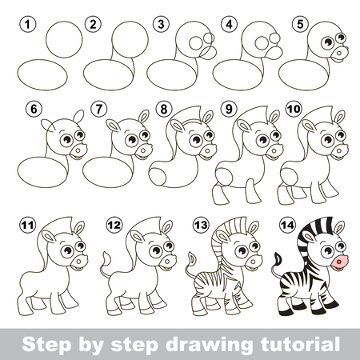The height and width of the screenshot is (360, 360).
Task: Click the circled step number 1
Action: click(27, 25)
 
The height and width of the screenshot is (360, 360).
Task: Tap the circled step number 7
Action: click(98, 109)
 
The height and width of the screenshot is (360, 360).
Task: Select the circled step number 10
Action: click(294, 109)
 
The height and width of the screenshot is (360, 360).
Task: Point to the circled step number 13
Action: click(201, 225)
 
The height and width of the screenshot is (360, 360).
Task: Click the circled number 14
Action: click(287, 225)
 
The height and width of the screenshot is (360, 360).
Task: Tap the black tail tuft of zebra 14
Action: click(278, 258)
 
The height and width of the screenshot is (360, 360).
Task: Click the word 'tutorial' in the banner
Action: click(300, 344)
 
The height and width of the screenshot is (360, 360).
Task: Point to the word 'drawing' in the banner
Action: click(209, 345)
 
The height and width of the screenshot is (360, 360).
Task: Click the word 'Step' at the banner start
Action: click(46, 345)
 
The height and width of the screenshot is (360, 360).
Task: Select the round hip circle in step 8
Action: click(158, 177)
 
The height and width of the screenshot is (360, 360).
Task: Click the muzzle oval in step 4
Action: click(274, 53)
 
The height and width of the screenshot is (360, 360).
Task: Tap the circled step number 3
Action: click(161, 25)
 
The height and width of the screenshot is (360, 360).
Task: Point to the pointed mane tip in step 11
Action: click(71, 217)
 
